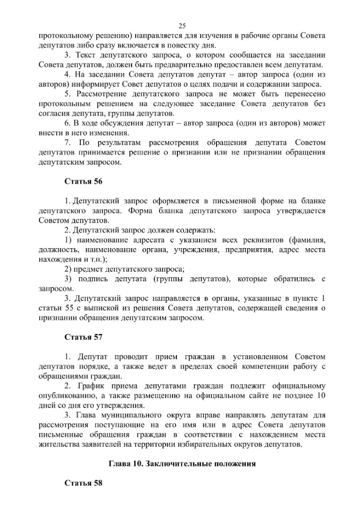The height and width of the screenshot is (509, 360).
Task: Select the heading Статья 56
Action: [83, 181]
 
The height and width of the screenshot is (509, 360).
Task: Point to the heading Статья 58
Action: [83, 484]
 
